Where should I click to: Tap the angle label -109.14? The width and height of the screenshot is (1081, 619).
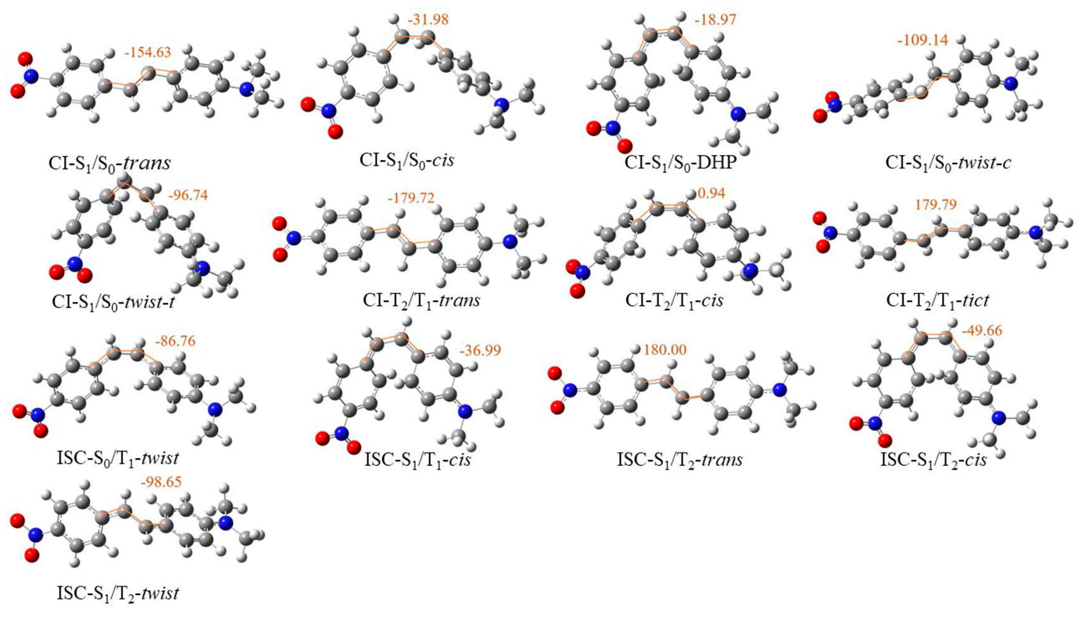click(x=922, y=40)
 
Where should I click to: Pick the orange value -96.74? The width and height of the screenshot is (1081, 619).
click(x=188, y=196)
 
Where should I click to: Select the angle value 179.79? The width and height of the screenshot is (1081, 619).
click(x=936, y=204)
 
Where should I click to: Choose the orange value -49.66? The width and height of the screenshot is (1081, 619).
click(x=982, y=330)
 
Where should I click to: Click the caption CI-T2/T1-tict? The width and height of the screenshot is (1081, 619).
click(x=938, y=301)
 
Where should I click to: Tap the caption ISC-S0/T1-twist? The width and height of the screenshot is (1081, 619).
click(x=118, y=458)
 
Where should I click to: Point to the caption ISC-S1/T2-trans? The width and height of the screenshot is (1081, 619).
click(x=680, y=459)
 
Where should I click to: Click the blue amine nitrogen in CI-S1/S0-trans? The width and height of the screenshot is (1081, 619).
click(x=246, y=89)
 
